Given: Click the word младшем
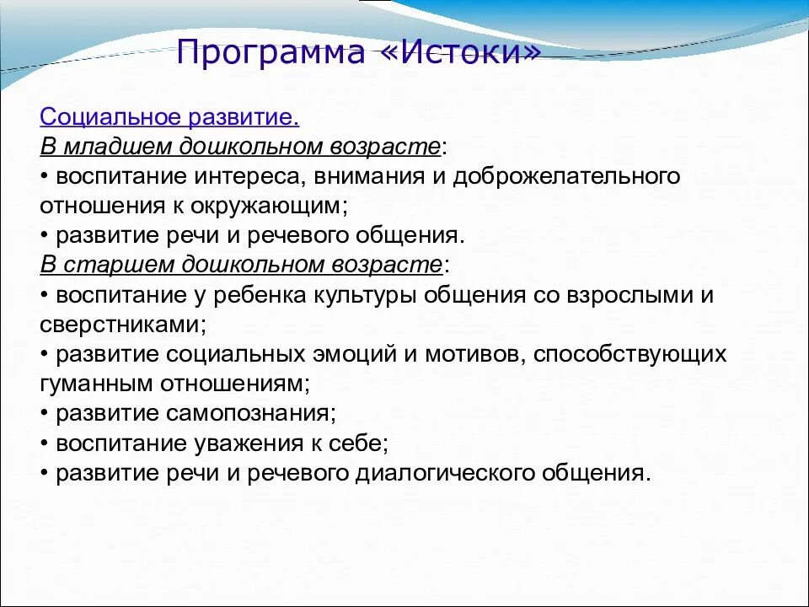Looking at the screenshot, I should coord(115,147).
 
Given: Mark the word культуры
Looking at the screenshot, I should coord(368,295).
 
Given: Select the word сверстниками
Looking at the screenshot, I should coord(121,324).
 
